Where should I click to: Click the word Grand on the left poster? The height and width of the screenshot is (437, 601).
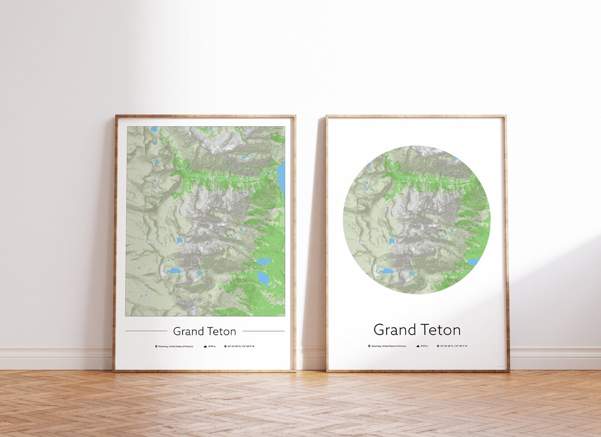pos(188,331)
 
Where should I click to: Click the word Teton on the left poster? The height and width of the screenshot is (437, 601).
pos(221,331)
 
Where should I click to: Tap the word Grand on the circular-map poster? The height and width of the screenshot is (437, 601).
pos(394,330)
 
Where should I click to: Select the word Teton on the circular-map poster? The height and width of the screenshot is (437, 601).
pos(440,330)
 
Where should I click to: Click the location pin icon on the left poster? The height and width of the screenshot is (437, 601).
pos(156,346)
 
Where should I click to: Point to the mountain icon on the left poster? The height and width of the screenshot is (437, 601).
pos(205,346)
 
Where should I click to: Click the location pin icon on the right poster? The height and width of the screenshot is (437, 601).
pos(368,346)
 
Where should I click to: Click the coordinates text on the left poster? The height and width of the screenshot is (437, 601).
pos(240,346)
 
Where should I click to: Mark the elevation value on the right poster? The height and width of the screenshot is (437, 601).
pos(425,346)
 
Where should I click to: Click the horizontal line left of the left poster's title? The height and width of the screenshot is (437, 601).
pos(146,331)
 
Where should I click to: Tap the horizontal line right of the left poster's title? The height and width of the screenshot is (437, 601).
pos(263,331)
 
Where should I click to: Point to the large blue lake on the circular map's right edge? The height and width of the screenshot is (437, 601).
pos(473,261)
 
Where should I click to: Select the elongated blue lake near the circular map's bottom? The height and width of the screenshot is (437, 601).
pos(386,271)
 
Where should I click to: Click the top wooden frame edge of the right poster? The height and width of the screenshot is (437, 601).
pos(416,117)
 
